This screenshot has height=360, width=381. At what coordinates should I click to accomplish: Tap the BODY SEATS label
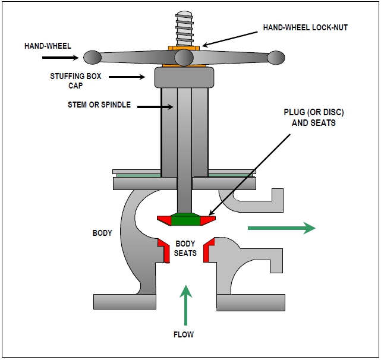pos(185,249)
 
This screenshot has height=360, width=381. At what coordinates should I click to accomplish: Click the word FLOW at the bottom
pos(185,334)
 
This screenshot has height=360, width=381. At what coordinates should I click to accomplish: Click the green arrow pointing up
pos(187,304)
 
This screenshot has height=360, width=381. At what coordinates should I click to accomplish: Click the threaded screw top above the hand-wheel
pos(184,27)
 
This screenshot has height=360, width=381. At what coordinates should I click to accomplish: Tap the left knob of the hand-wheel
pos(92,58)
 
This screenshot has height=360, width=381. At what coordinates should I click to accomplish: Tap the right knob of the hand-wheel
pos(276,58)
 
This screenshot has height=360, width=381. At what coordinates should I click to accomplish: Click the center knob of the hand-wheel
pos(184,58)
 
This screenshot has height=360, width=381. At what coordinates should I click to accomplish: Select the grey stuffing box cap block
pos(184,77)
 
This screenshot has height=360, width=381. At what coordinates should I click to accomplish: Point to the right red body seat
pos(209,250)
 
